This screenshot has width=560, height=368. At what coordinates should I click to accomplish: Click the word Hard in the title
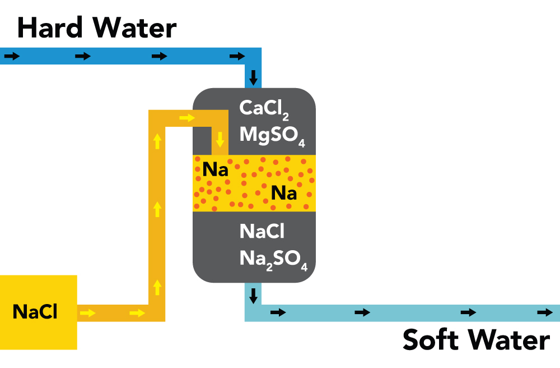pos(50,27)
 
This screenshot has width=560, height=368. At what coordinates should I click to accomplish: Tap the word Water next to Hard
pos(134,27)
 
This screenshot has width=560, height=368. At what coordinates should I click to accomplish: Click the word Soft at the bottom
pos(430,339)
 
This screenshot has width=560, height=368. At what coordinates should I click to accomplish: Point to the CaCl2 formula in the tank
pos(264,109)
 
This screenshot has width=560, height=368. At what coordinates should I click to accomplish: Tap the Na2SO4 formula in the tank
pos(273,260)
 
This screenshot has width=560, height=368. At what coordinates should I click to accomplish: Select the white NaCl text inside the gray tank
pos(262,231)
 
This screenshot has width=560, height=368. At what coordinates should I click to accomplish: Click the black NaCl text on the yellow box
pos(35,311)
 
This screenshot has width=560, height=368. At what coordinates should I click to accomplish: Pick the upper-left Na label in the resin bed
pos(215,169)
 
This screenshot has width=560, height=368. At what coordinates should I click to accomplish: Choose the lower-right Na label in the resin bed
pos(284,194)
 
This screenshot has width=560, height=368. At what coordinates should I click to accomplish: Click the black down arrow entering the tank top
pos(253,77)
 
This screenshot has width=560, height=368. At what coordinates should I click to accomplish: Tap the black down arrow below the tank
pos(253,296)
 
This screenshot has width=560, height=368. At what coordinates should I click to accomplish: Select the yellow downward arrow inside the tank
pos(220,140)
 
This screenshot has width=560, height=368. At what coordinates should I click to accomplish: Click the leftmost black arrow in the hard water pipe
pos(12,56)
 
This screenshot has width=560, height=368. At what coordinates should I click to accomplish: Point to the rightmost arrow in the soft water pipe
pos(545,312)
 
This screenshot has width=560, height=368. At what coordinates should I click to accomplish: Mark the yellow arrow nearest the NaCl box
pos(87,313)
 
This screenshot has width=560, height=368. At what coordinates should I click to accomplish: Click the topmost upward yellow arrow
pos(157,141)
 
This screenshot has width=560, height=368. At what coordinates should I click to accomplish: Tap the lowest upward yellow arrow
pos(157,288)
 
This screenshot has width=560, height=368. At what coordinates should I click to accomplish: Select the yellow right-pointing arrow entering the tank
pos(187,118)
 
